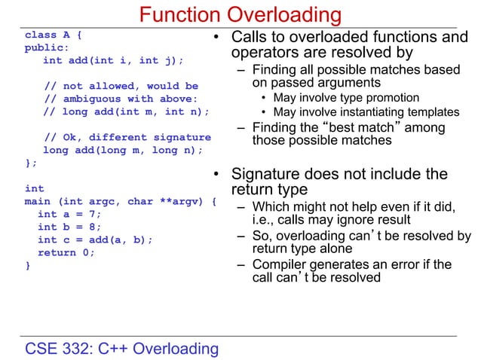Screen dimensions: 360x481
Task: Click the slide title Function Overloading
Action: (x=240, y=14)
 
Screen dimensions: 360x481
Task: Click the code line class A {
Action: (x=54, y=35)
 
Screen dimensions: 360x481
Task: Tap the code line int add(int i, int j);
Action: (x=112, y=60)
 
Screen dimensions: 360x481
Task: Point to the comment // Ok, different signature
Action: (x=127, y=137)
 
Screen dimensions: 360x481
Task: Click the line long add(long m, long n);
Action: (x=122, y=150)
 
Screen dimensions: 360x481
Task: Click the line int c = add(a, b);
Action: (x=94, y=239)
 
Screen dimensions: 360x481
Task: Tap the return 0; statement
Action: (x=66, y=252)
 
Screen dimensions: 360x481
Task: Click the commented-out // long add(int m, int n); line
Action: (x=124, y=111)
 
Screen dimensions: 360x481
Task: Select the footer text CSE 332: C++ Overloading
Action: (x=122, y=348)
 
